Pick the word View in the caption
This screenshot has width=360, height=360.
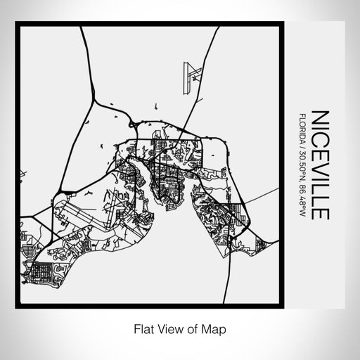click(x=168, y=328)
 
